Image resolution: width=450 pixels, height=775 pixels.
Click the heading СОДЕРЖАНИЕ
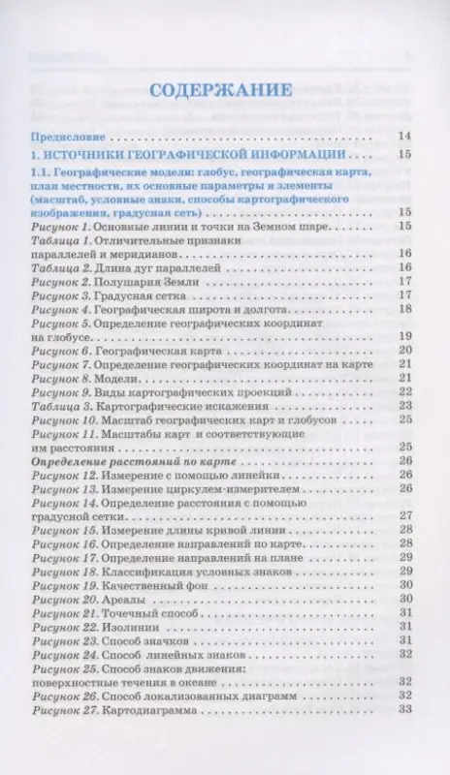coord(224,90)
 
